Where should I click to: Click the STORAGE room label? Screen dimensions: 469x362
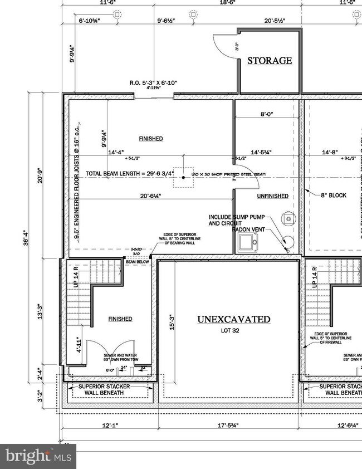[x=270, y=60]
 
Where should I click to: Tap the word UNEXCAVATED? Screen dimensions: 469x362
[x=234, y=319]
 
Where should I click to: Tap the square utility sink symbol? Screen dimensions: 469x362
[x=247, y=242]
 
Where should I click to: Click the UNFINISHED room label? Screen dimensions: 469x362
[x=272, y=196]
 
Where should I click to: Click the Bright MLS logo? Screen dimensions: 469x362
[x=37, y=457]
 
